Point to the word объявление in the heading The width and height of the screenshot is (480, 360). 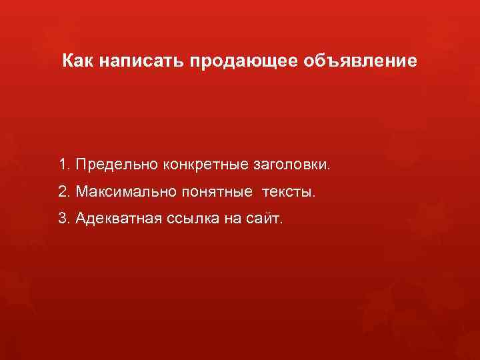(x=361, y=62)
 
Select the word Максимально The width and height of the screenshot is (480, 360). (x=124, y=192)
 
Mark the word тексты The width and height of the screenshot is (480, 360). (x=289, y=192)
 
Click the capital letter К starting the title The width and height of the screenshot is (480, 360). (x=68, y=62)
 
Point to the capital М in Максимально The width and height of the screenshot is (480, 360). (x=81, y=192)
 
